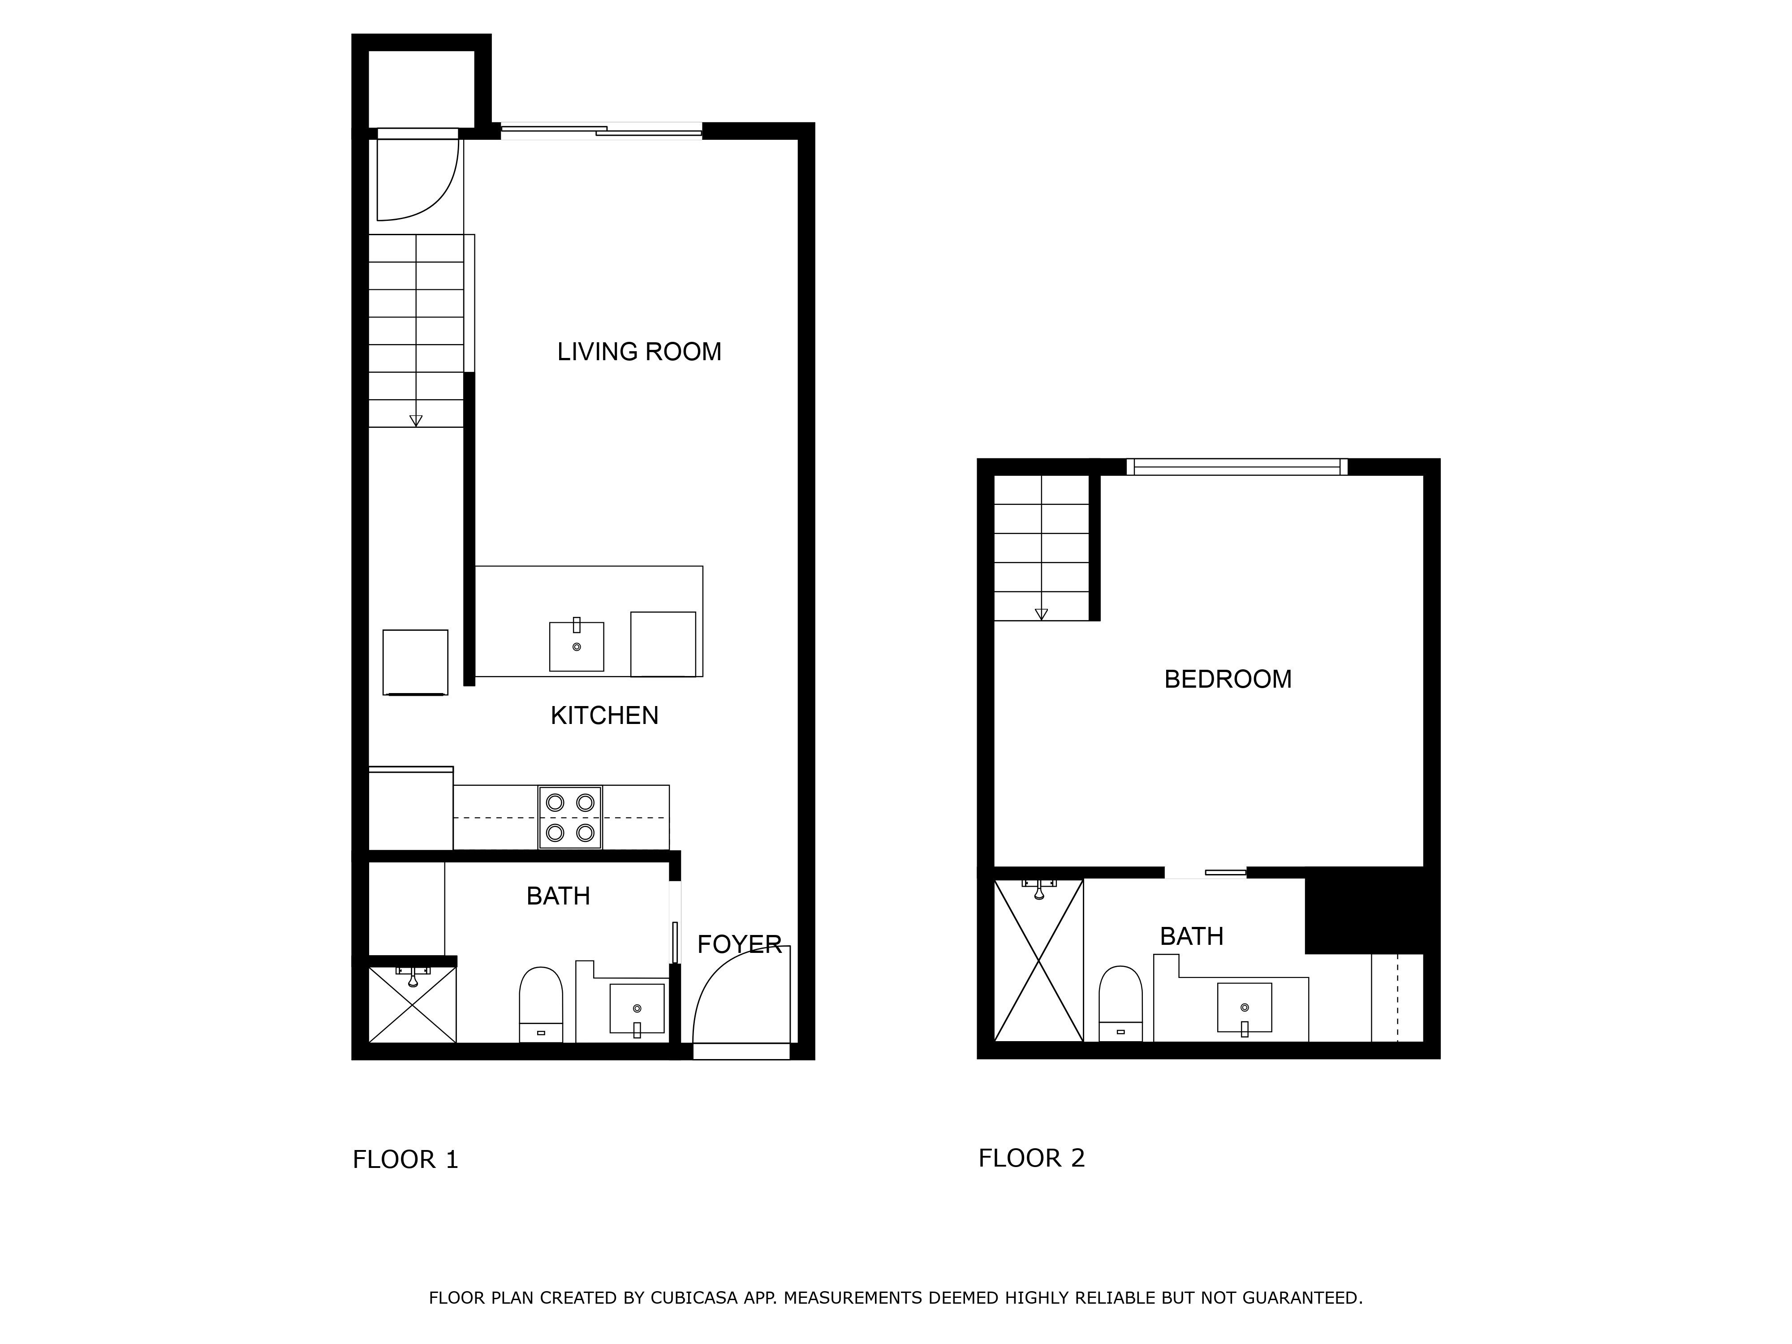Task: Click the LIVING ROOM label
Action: tap(639, 352)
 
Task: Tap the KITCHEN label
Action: tap(604, 715)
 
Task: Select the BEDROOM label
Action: tap(1228, 679)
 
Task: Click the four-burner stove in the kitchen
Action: tap(570, 818)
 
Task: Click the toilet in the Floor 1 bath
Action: tap(540, 1004)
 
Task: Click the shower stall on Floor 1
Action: tap(412, 1004)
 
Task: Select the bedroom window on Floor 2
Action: tap(1236, 467)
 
